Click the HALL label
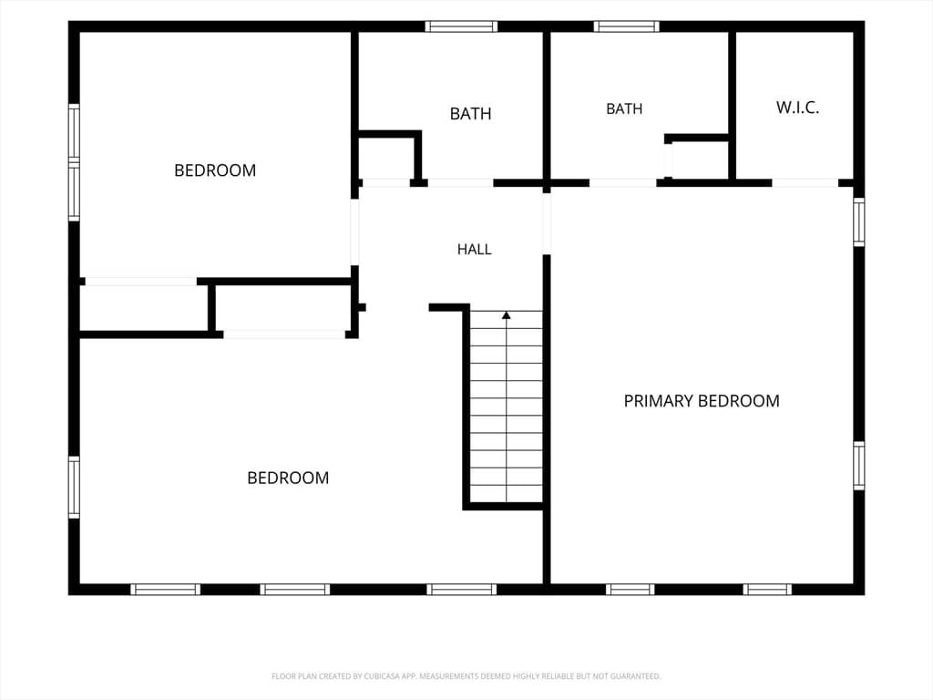click(474, 249)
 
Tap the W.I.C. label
click(797, 108)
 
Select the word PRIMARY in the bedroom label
click(659, 401)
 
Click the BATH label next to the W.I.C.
click(624, 109)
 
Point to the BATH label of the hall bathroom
click(471, 114)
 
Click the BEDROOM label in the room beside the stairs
click(288, 478)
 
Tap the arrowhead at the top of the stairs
click(507, 314)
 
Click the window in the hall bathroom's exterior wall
click(461, 26)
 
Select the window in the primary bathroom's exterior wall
click(627, 26)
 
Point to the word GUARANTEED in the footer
click(638, 676)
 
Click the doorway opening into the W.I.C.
click(805, 182)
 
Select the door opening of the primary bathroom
click(623, 182)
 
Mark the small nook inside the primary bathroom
click(697, 159)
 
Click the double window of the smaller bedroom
click(74, 162)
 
